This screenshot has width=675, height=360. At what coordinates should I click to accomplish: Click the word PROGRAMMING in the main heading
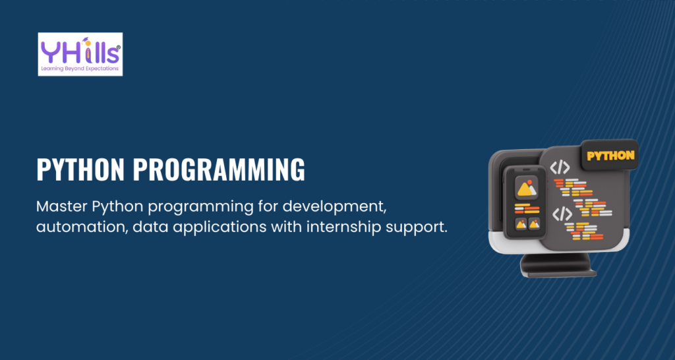click(219, 169)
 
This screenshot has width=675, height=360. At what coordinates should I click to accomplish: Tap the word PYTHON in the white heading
click(81, 169)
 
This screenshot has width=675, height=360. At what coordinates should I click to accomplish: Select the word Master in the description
click(62, 206)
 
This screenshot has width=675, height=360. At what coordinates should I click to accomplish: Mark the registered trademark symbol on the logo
click(119, 47)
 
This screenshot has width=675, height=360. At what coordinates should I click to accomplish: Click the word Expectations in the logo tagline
click(101, 68)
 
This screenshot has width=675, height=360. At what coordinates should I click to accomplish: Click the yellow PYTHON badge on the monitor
click(610, 156)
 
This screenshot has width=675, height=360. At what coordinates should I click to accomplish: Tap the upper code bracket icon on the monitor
click(560, 167)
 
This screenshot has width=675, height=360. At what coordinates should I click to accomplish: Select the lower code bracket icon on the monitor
click(562, 214)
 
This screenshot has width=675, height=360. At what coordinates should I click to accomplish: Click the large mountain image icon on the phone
click(527, 188)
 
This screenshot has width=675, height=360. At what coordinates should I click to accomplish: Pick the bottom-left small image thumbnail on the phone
click(521, 224)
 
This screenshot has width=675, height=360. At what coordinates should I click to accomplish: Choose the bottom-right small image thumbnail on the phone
click(534, 224)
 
